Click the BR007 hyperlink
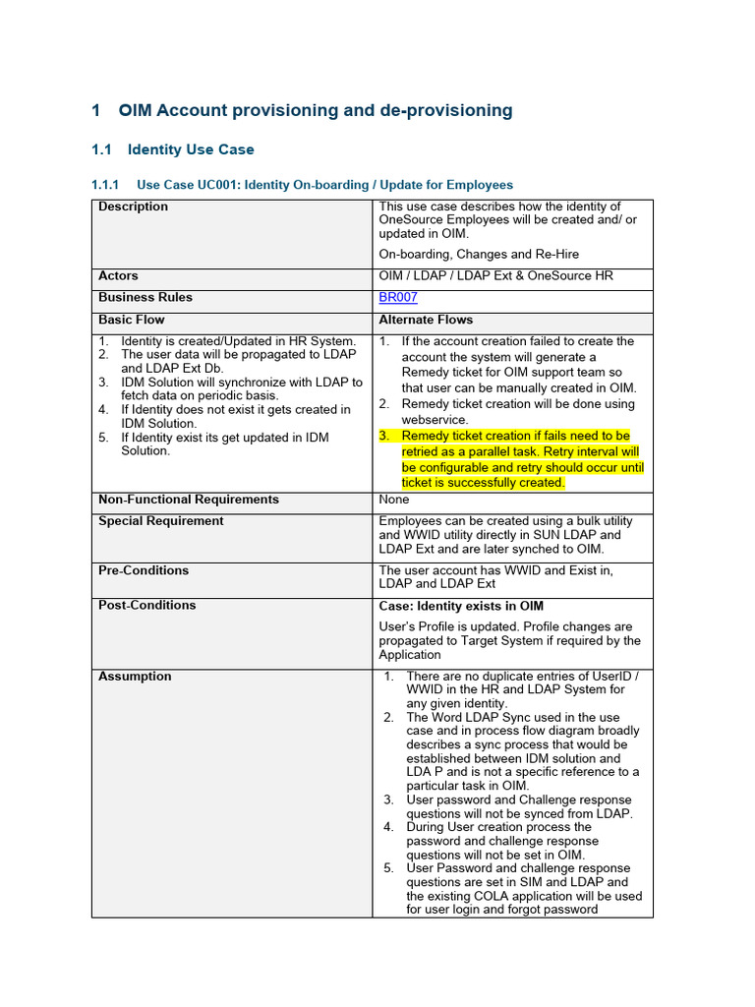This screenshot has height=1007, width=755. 398,298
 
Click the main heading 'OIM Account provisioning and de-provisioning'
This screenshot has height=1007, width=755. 315,110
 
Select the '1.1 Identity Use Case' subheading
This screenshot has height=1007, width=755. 190,149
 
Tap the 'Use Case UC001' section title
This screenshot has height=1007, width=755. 324,185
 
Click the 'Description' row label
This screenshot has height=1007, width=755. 133,207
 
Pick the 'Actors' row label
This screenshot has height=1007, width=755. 118,276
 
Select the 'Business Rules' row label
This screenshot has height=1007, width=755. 145,298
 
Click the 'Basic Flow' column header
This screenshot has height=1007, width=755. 132,320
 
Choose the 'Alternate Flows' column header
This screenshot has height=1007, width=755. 426,320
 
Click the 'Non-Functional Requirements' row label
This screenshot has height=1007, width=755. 189,500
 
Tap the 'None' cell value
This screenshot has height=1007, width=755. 394,500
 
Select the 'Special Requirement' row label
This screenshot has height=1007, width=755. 161,521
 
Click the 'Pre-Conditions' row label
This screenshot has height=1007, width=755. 144,570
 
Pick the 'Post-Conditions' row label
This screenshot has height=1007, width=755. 147,606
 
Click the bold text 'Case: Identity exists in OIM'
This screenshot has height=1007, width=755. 461,606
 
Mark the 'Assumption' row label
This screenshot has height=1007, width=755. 135,677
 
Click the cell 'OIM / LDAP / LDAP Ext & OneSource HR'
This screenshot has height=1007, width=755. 495,276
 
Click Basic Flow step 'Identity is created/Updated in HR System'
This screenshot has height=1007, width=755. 238,341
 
